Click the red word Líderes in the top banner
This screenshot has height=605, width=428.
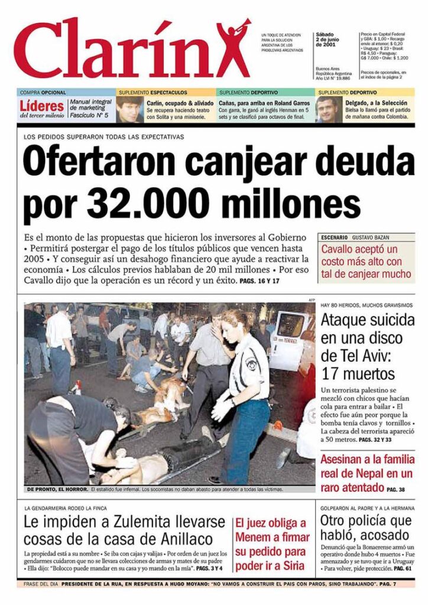click(x=41, y=106)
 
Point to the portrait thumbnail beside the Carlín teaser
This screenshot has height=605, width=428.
click(x=129, y=109)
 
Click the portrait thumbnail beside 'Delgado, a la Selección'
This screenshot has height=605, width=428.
click(x=328, y=109)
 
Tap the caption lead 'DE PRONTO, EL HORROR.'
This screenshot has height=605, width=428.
click(x=57, y=489)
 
